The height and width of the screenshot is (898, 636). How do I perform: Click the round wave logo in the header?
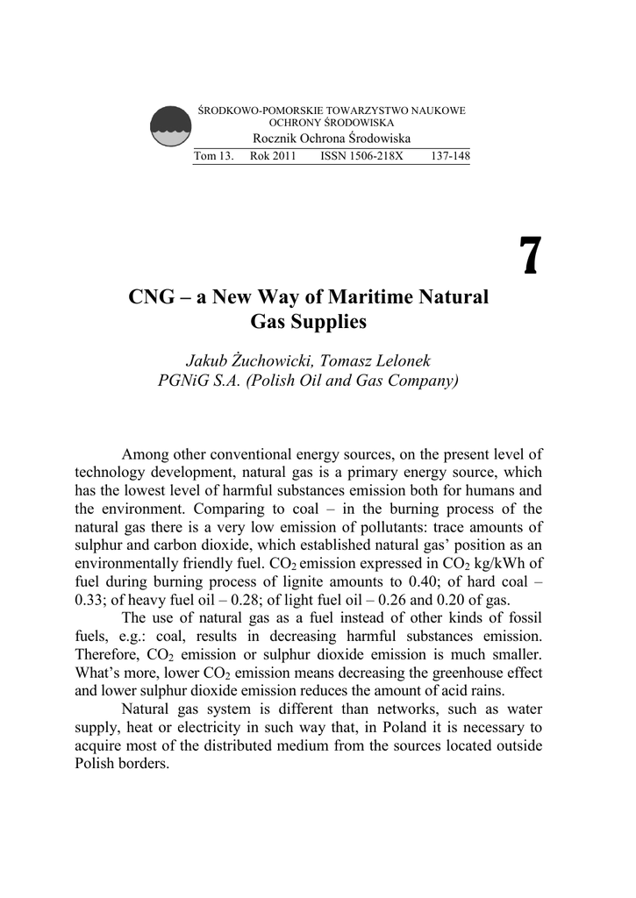tap(171, 126)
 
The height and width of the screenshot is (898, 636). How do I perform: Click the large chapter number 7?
tap(528, 255)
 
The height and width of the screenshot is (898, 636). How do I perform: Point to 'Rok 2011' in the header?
tap(273, 156)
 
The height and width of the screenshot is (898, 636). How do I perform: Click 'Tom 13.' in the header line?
tap(213, 156)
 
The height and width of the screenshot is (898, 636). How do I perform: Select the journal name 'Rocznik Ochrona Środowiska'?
tap(332, 139)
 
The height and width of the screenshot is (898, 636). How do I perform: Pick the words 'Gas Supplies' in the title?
tap(308, 322)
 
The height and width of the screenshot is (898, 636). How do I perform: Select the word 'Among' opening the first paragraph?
tap(144, 454)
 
